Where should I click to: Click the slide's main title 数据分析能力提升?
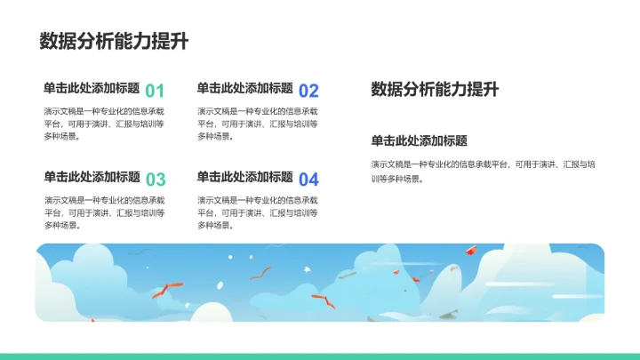pyautogui.click(x=113, y=42)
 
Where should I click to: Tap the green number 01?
pyautogui.click(x=155, y=91)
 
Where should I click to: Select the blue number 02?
pyautogui.click(x=308, y=91)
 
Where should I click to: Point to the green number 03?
pyautogui.click(x=155, y=179)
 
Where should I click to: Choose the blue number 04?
pyautogui.click(x=308, y=179)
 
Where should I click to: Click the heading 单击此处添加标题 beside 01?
pyautogui.click(x=92, y=88)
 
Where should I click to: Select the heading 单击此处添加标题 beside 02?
pyautogui.click(x=245, y=88)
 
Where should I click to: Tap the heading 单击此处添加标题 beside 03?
pyautogui.click(x=92, y=177)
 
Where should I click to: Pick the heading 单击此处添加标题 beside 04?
pyautogui.click(x=245, y=177)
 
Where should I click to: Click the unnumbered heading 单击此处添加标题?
pyautogui.click(x=420, y=140)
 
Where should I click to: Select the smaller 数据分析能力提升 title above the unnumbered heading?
pyautogui.click(x=435, y=89)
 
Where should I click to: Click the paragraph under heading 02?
pyautogui.click(x=257, y=124)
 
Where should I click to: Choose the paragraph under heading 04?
pyautogui.click(x=257, y=212)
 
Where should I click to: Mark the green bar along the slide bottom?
pyautogui.click(x=320, y=356)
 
